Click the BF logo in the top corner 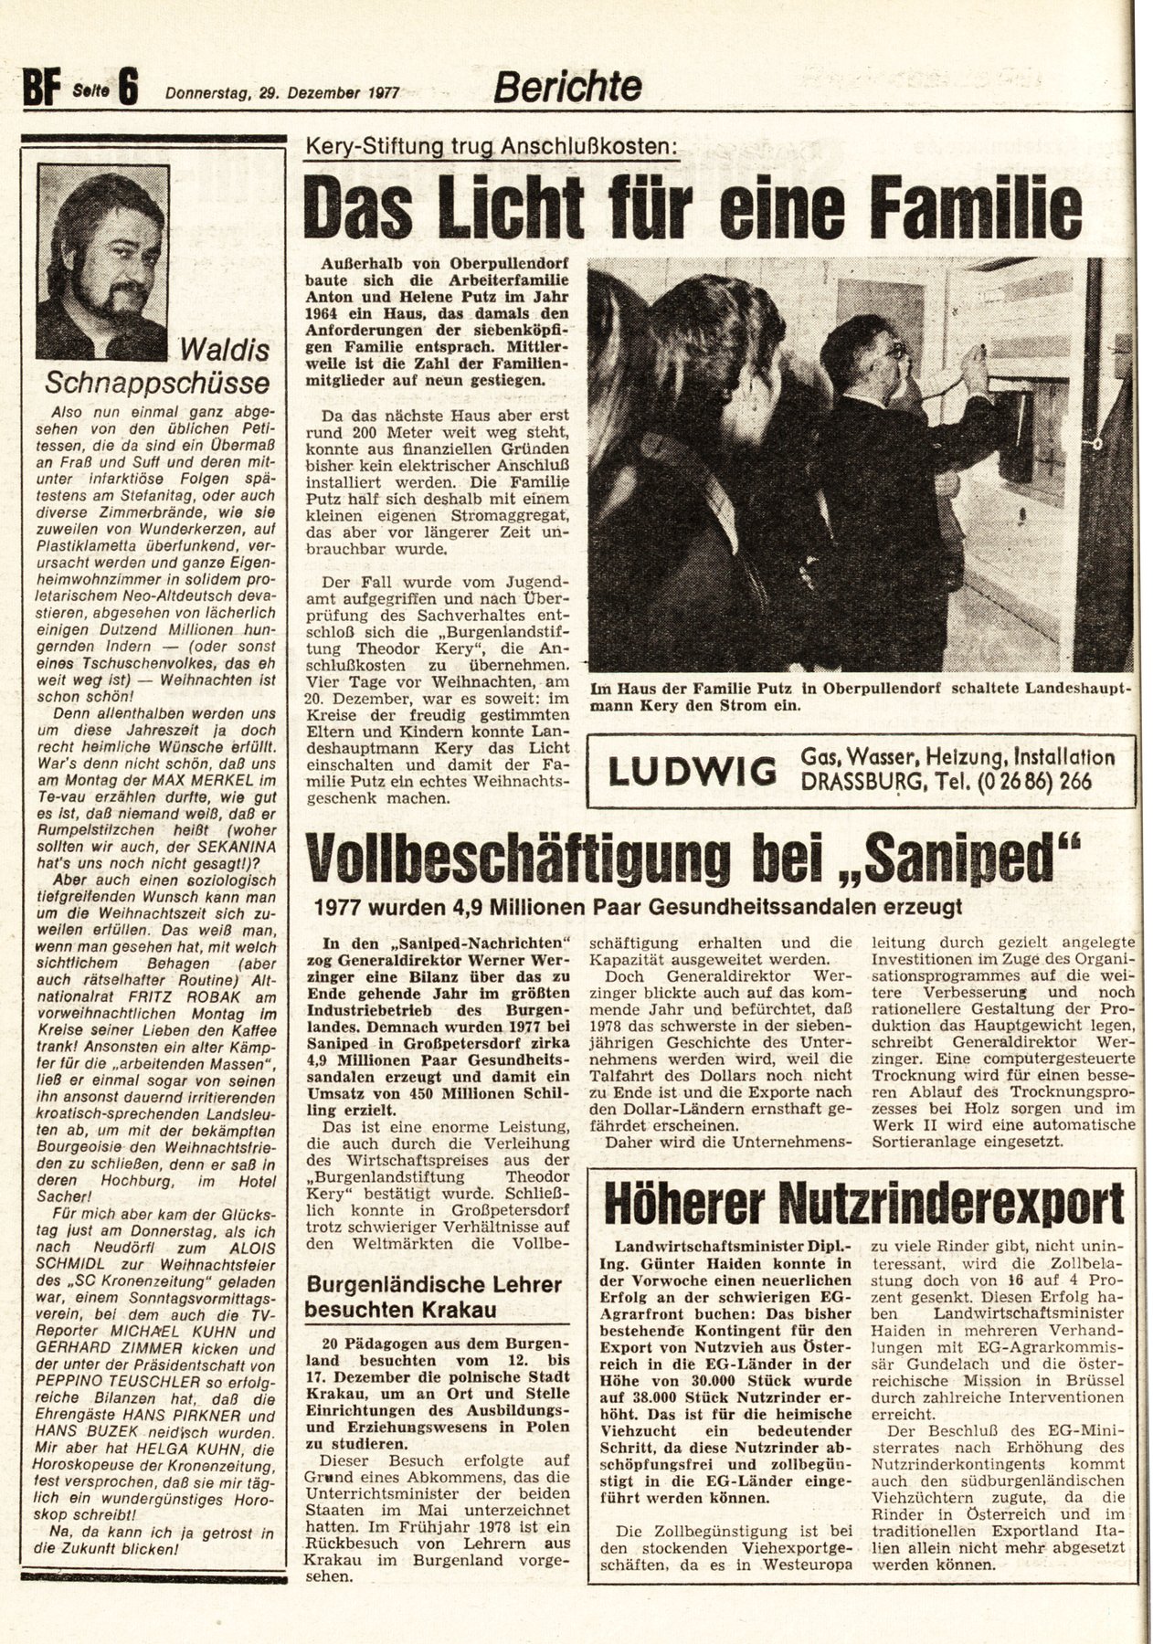(39, 90)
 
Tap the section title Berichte (567, 87)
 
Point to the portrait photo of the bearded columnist (102, 261)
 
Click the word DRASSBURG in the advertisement (867, 783)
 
